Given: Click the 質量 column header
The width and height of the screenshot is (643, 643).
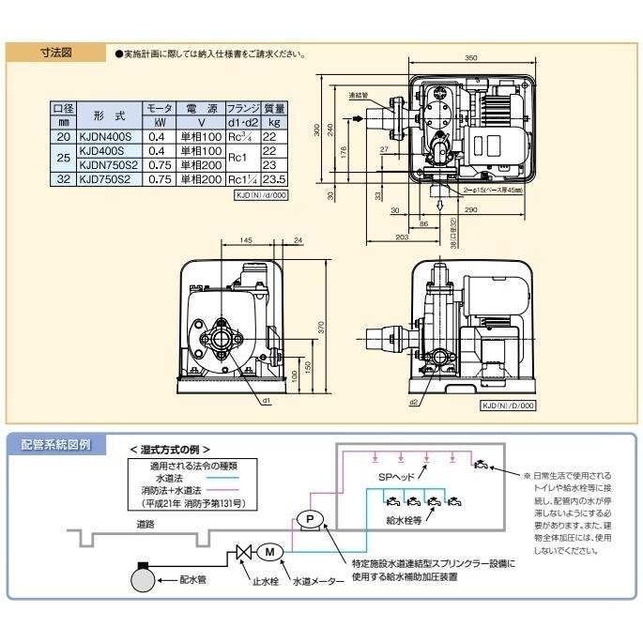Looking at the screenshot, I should tap(274, 109).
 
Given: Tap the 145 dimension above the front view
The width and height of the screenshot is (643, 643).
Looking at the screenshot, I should tap(245, 241).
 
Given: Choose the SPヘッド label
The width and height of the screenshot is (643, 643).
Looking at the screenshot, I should tap(385, 477).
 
